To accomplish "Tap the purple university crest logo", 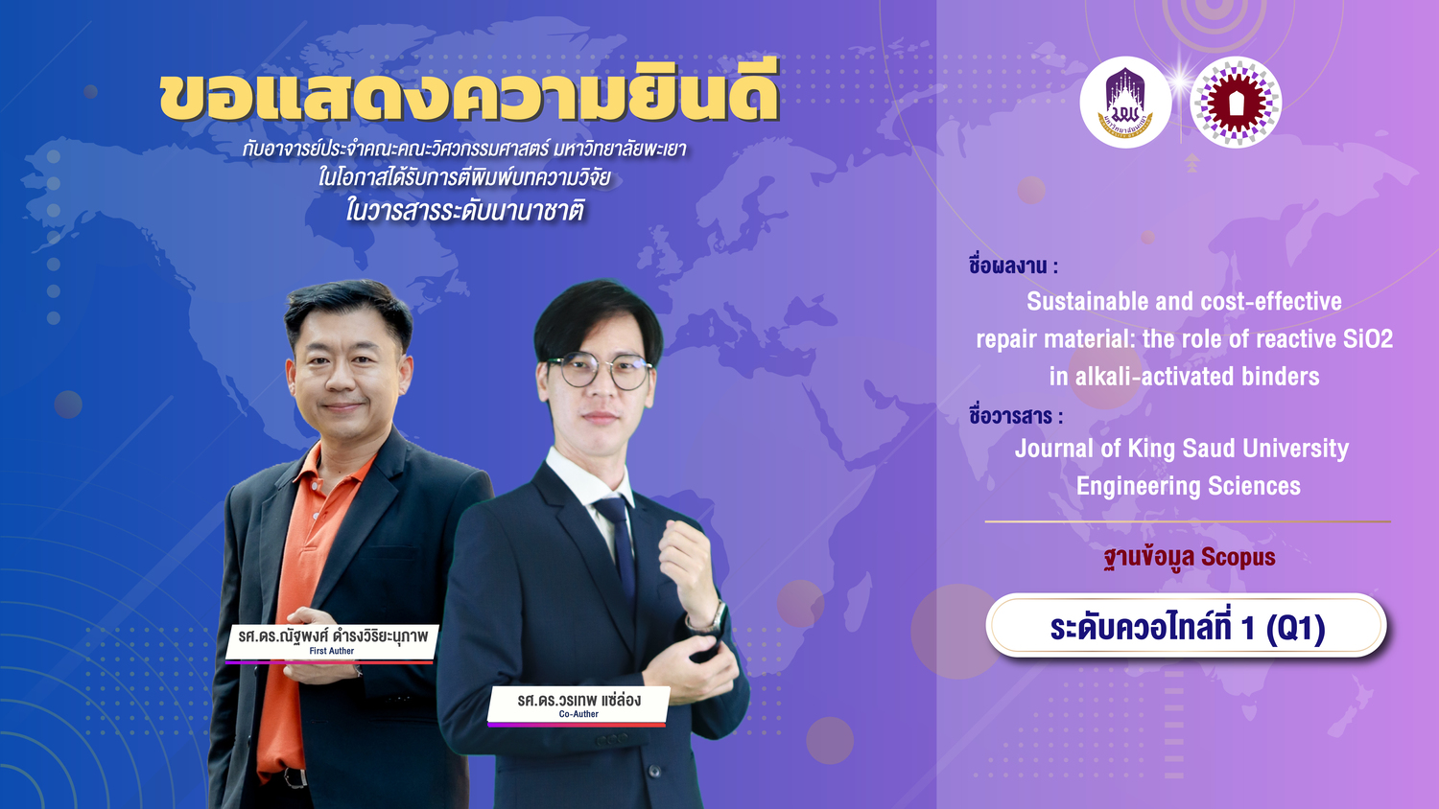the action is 1125,103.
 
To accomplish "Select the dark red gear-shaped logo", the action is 1236,103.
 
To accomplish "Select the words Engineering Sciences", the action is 1189,486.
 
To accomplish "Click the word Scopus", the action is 1238,557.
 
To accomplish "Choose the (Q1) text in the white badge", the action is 1295,627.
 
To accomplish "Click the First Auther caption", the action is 332,651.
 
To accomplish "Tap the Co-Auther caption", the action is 578,714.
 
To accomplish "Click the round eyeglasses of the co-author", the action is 599,372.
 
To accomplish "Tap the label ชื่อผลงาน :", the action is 1013,266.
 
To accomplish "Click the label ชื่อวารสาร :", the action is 1016,416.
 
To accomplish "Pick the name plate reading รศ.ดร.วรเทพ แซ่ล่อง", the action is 578,705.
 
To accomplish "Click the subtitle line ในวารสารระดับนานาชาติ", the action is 464,211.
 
